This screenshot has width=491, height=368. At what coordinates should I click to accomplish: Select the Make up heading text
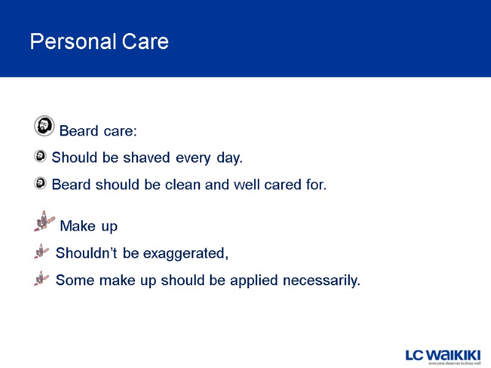click(89, 226)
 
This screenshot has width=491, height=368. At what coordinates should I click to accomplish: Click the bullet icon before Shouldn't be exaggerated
click(41, 251)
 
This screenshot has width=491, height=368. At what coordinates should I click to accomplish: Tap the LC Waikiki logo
click(443, 355)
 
